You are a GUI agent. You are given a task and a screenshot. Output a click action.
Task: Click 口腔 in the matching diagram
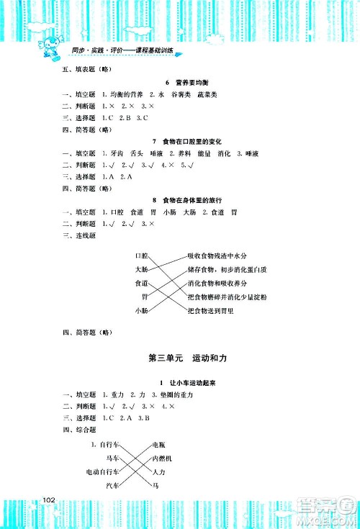point(141,256)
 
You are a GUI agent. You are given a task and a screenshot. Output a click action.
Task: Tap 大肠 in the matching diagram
point(141,269)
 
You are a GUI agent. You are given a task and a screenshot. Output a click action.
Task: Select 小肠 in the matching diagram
point(141,310)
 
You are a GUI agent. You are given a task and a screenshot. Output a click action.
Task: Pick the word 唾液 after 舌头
point(156,153)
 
